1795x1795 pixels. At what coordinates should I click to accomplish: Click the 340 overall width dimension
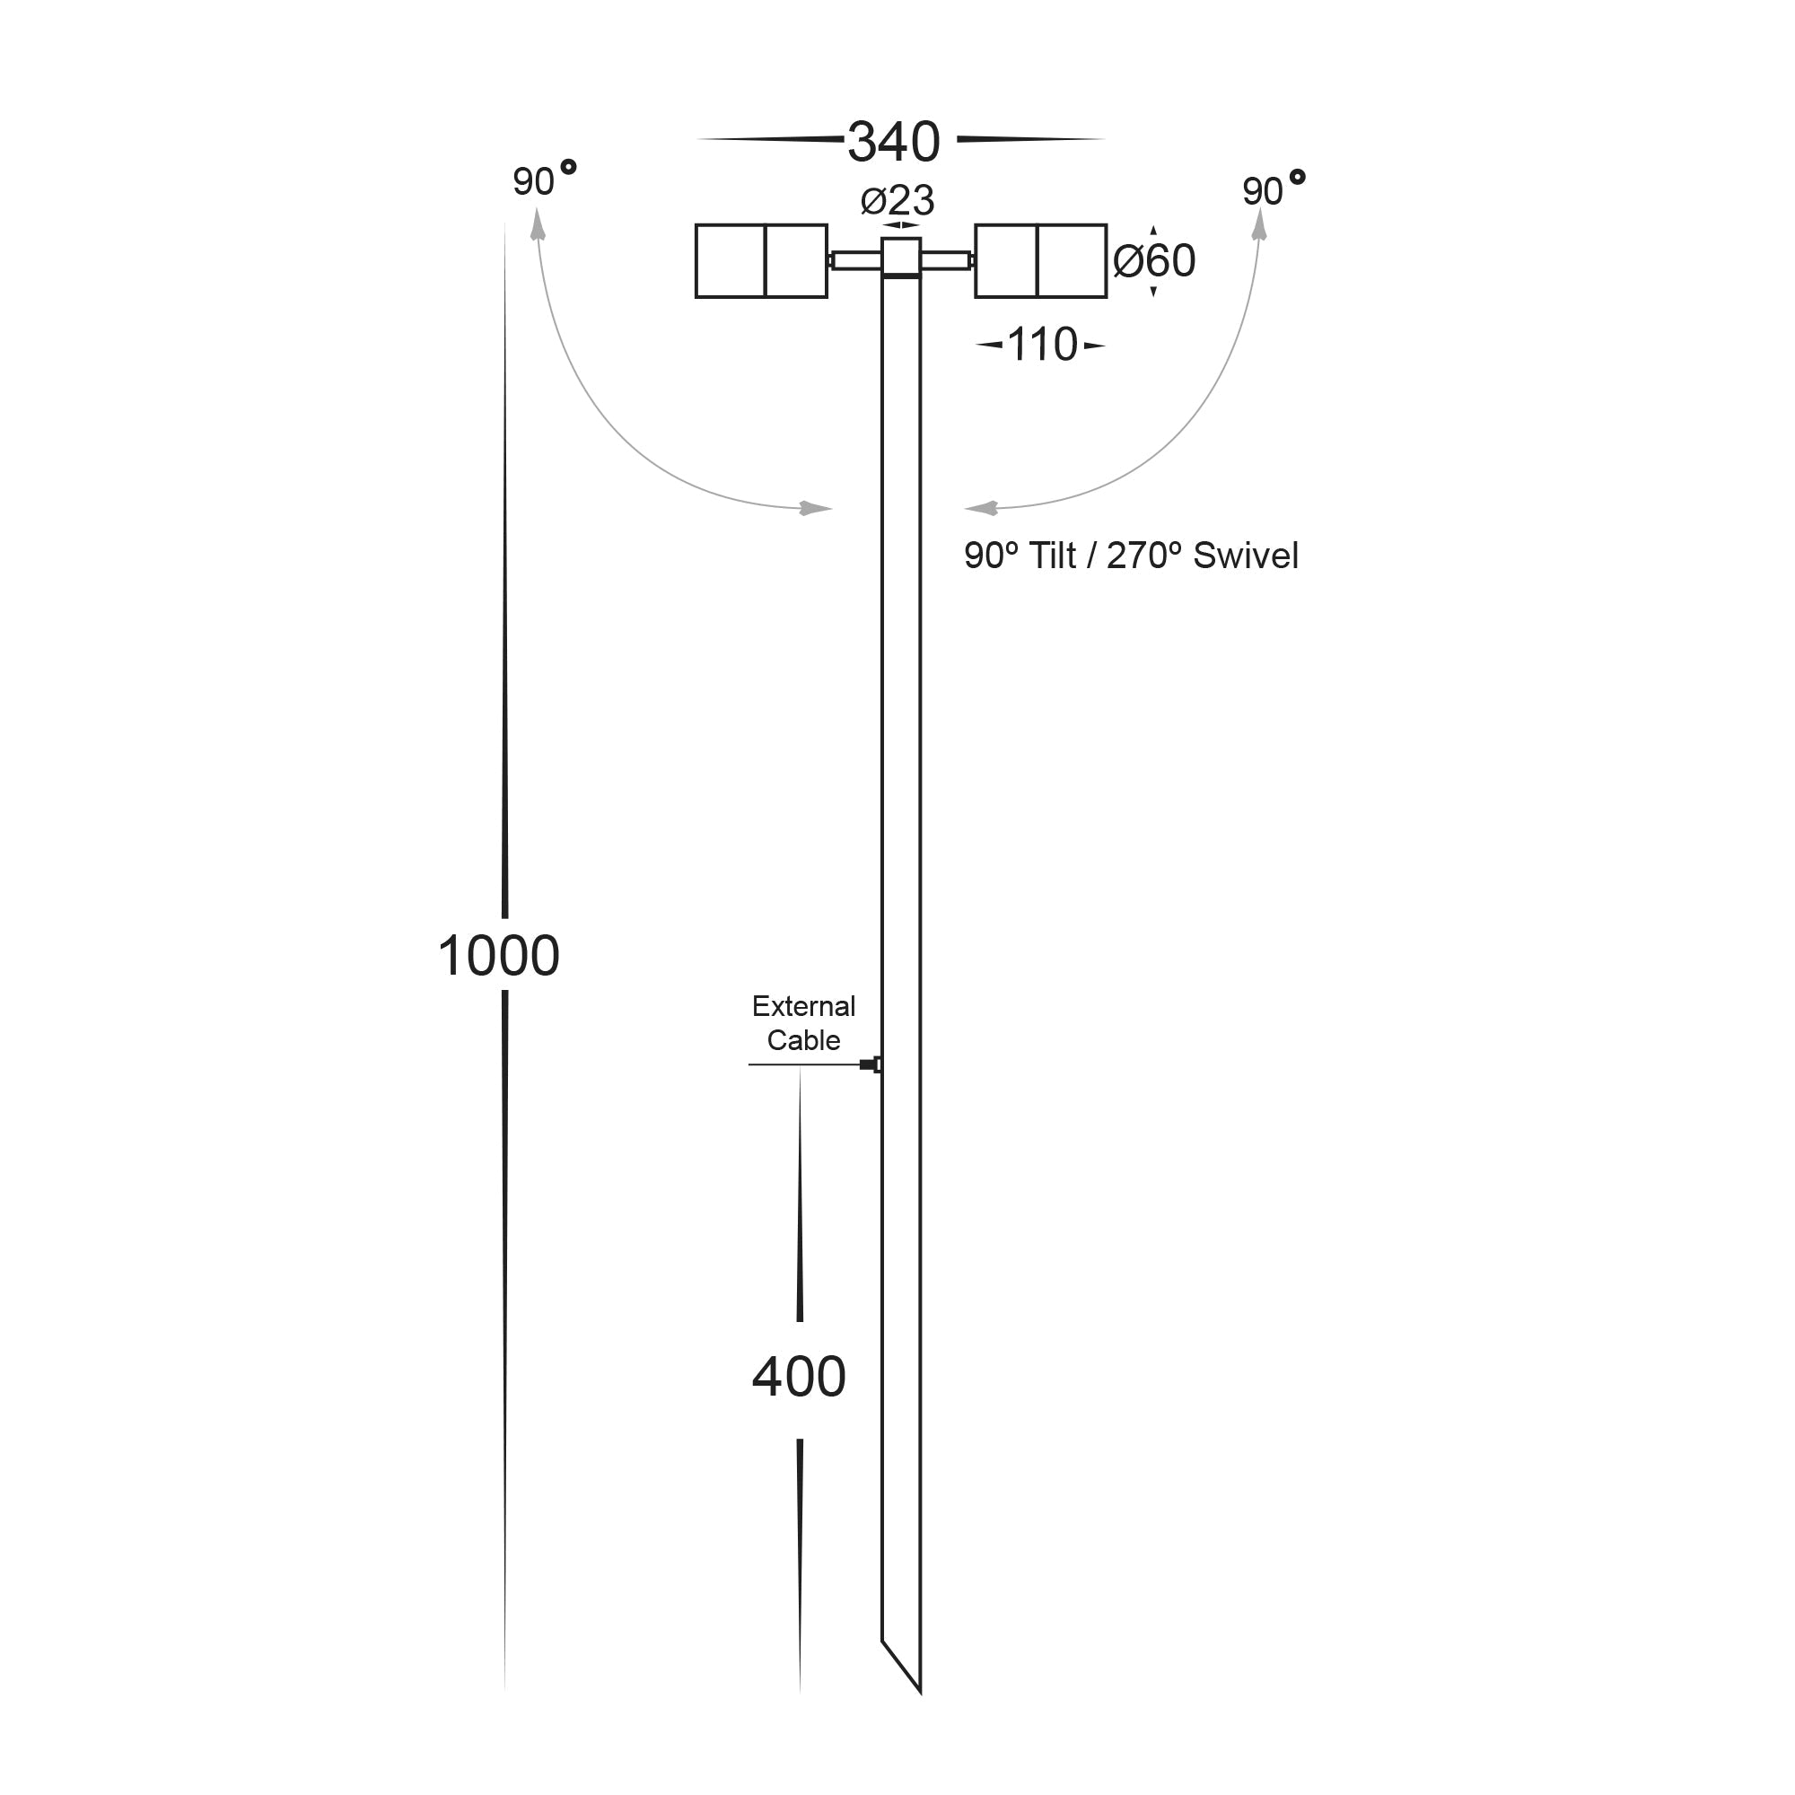tap(893, 141)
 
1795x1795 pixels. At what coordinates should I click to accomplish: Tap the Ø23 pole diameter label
tap(897, 201)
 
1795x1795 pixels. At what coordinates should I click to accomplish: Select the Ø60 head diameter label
tap(1154, 261)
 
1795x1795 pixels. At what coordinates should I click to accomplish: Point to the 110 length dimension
tap(1041, 345)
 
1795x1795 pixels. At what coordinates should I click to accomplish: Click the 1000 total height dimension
tap(499, 955)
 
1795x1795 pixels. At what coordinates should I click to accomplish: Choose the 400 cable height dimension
tap(798, 1377)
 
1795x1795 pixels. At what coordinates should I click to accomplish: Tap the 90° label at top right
tap(1271, 189)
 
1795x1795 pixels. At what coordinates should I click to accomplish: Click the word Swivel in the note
tap(1245, 556)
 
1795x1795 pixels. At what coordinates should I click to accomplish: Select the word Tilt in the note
tap(1053, 556)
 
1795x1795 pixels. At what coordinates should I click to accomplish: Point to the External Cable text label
tap(803, 1023)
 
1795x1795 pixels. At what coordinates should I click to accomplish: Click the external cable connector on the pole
tap(871, 1064)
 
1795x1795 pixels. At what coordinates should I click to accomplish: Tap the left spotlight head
tap(761, 261)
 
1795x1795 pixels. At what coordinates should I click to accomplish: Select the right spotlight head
tap(1040, 261)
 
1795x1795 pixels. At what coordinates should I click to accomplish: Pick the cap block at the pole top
tap(900, 258)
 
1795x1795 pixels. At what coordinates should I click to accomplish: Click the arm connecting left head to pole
tap(854, 261)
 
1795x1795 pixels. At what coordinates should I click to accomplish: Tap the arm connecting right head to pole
tap(947, 261)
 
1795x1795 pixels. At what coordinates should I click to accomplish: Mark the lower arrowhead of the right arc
tap(980, 508)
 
